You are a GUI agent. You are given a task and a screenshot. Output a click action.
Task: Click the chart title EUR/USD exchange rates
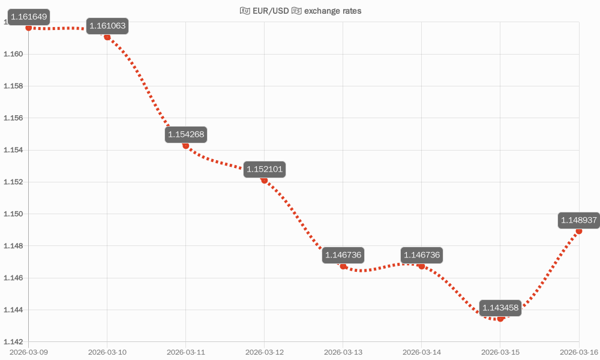pos(300,11)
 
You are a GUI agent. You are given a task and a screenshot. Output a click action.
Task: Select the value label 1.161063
pos(108,26)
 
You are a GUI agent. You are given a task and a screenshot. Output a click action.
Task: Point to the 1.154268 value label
pos(187,135)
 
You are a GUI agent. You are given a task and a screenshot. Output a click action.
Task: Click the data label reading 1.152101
pos(265,170)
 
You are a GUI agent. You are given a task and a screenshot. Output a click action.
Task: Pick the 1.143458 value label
pos(500,308)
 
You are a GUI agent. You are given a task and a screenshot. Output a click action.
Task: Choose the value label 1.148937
pos(578,220)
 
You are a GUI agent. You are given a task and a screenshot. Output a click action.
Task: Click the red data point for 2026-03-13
pos(343,266)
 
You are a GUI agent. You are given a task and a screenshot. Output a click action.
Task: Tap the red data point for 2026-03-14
pos(422,266)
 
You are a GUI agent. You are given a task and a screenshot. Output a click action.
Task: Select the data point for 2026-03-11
pos(186,146)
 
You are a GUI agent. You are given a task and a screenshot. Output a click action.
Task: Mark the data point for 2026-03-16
pos(579,231)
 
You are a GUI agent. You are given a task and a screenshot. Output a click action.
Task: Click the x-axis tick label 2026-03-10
pos(107,351)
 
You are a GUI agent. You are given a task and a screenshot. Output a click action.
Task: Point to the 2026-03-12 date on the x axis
pos(265,351)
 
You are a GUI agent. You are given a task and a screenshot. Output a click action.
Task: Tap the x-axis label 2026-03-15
pos(500,351)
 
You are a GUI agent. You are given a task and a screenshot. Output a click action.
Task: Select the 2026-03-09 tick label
pos(29,351)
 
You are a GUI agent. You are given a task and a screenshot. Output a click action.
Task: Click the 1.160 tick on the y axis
pos(13,54)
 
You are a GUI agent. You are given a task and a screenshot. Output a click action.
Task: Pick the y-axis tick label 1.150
pos(13,214)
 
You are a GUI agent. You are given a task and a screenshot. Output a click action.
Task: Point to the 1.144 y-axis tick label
pos(13,310)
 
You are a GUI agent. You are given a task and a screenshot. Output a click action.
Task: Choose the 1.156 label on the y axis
pos(13,118)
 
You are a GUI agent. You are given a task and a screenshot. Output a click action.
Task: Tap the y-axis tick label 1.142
pos(13,341)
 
